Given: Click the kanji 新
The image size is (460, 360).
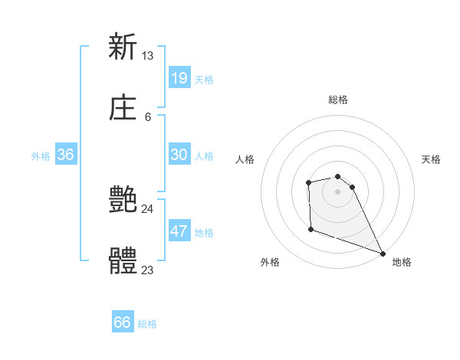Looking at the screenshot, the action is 123,47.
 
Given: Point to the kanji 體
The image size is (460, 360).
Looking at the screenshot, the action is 123,261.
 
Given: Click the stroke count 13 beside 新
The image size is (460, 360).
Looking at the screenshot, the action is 148,55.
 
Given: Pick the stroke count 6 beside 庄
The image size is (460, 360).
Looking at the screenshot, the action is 148,116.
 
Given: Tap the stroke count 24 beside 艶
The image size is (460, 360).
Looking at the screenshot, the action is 148,208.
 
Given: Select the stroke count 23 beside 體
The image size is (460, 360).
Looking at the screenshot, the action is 148,270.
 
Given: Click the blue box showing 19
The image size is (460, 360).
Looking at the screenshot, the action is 179,77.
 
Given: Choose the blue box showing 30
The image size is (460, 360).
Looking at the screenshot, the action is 179,155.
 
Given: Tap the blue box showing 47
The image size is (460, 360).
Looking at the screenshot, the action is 179,231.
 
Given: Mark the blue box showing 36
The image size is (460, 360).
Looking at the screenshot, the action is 66,155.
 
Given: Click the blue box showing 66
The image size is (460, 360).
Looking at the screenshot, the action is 123,322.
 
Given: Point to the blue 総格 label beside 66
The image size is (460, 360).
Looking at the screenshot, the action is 147,324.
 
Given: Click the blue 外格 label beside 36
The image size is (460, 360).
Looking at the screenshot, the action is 41,156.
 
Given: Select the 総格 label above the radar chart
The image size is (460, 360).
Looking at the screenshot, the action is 337,100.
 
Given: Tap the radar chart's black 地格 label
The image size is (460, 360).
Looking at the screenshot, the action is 402,262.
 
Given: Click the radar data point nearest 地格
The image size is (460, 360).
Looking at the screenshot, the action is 382,253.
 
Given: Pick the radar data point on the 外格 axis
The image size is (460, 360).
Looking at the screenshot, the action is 310,229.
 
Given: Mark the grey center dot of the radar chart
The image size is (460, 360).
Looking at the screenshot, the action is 337,191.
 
